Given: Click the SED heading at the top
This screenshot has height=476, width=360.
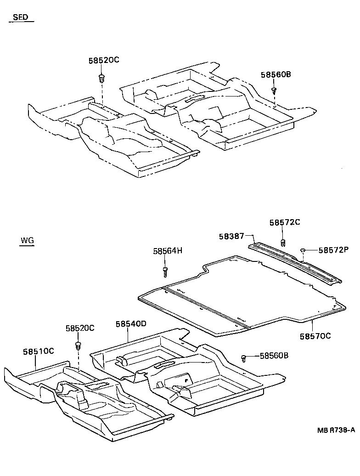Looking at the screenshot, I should [20, 17].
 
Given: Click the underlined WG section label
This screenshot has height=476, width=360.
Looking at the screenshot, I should [27, 240].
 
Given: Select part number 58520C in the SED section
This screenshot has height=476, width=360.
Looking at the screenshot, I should [104, 61].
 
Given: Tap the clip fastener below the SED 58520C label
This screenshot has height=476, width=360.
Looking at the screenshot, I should [101, 78].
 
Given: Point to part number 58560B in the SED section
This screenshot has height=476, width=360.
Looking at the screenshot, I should [276, 74].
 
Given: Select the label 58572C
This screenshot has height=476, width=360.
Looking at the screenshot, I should [285, 222].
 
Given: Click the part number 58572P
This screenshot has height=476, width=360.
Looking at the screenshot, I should [334, 250].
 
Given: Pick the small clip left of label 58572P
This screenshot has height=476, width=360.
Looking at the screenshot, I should [303, 250].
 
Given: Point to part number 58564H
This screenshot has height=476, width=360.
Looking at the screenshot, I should [168, 250].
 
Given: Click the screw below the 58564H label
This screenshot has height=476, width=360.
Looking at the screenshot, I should [165, 272].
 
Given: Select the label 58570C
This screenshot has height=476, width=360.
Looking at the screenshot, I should [315, 336].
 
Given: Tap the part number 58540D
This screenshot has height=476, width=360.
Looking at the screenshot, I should [130, 324].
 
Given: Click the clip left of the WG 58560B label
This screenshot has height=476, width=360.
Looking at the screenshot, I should [245, 357].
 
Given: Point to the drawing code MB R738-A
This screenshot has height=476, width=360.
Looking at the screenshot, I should [336, 430].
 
